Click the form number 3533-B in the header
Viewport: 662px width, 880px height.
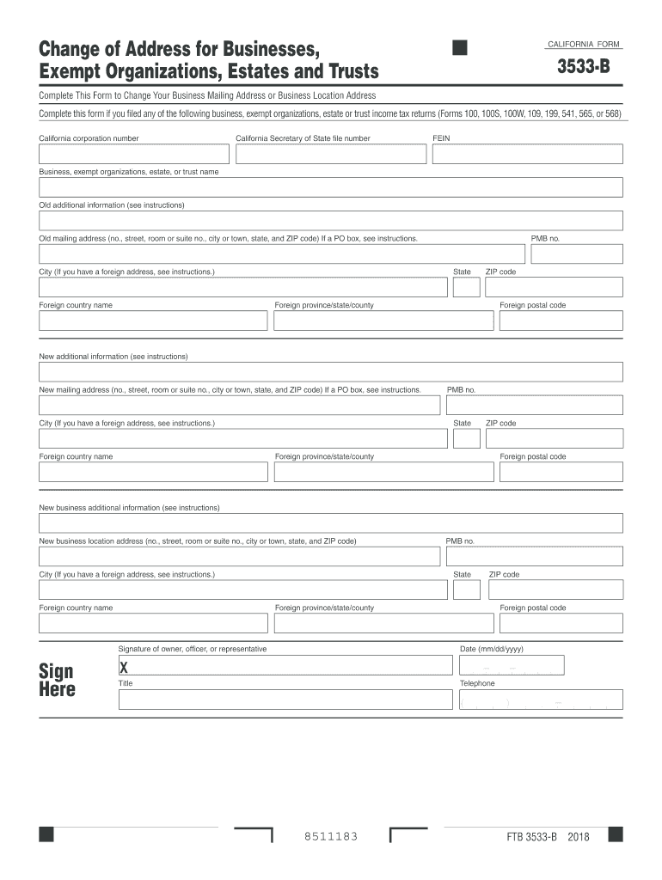[582, 65]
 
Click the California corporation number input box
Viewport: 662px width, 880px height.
[133, 154]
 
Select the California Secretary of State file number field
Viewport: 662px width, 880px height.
[331, 154]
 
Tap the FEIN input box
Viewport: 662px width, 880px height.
[527, 154]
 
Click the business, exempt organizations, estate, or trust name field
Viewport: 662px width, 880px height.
[331, 187]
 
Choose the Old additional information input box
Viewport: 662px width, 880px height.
[331, 221]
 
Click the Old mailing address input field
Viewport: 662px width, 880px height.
[281, 254]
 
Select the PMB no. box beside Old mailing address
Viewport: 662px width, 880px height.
[576, 254]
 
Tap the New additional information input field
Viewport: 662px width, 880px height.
[331, 372]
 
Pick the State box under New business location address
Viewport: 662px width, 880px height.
[467, 590]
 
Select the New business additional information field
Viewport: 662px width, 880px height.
[331, 523]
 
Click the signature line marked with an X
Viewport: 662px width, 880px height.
[285, 666]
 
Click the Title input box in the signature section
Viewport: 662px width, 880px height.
[285, 700]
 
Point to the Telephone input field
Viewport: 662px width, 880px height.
[540, 700]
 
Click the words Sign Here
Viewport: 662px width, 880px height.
[57, 680]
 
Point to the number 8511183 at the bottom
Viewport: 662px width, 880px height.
[331, 837]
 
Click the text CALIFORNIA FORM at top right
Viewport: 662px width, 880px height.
[583, 44]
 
